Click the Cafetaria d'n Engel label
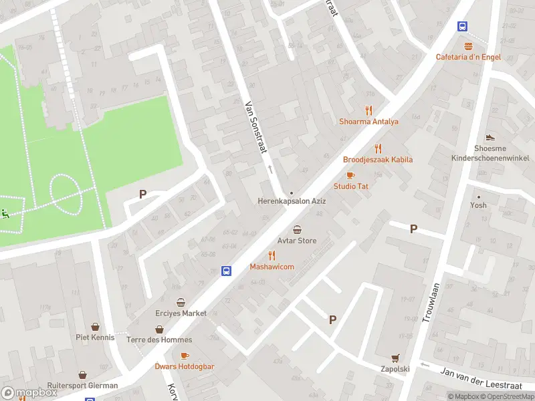coord(468,57)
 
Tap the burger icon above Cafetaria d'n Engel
coord(469,46)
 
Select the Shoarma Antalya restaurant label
coord(368,122)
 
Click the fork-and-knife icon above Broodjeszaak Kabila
coord(378,148)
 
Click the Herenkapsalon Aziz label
coord(292,201)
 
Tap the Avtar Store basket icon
coord(297,229)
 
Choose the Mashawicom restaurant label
coord(272,267)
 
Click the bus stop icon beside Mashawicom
coord(227,271)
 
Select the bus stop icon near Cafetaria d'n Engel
coord(462,26)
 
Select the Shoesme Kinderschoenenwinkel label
coord(490,154)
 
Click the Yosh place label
coord(478,205)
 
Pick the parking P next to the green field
coord(142,194)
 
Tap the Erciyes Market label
coord(181,313)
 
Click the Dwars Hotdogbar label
coord(185,366)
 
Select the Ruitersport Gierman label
coord(83,386)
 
